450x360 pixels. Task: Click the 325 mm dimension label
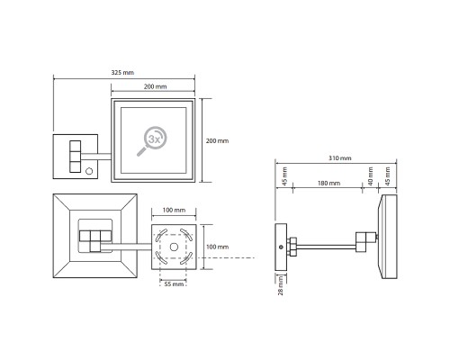[122, 73]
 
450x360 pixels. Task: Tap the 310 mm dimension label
[339, 158]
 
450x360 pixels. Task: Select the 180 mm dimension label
[328, 183]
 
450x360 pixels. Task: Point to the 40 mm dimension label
[371, 176]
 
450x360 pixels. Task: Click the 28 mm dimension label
[281, 285]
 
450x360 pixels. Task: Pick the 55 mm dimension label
[174, 283]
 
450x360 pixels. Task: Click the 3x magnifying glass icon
[151, 141]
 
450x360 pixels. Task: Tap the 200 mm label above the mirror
[155, 86]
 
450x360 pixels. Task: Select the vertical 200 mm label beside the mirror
[217, 140]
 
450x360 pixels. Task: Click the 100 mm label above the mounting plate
[174, 210]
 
